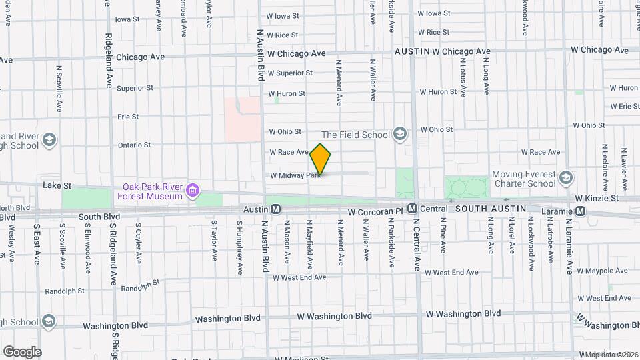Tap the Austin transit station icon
click(276, 209)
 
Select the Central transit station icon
click(412, 209)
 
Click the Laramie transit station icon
click(581, 211)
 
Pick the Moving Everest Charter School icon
click(566, 178)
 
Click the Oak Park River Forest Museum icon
click(193, 191)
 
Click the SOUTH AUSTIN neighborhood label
click(491, 209)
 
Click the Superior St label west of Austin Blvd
click(135, 88)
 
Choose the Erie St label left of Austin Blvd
click(127, 117)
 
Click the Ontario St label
click(134, 145)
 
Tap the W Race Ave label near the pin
click(289, 152)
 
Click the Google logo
click(22, 351)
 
